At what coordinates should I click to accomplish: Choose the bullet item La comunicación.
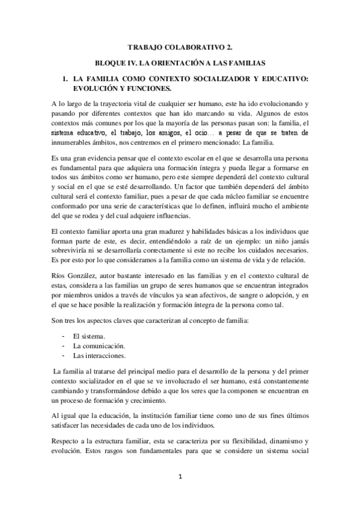[99, 346]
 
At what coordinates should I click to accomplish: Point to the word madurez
[151, 231]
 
